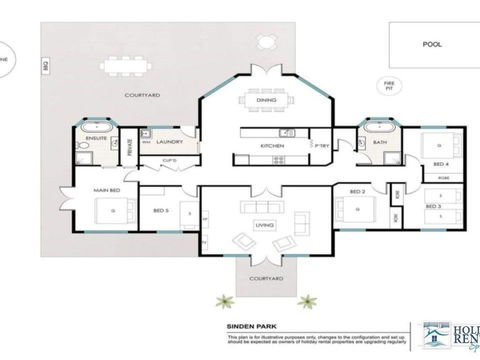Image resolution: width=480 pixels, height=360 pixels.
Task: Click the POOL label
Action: [x=432, y=44]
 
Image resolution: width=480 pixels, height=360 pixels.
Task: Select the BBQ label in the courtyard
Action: [x=44, y=66]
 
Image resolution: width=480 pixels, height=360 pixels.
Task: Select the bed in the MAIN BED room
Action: [x=102, y=211]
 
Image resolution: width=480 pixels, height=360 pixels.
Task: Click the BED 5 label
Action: [x=159, y=211]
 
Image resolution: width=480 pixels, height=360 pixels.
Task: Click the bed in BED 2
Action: [x=351, y=211]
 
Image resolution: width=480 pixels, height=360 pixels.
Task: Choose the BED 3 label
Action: [x=433, y=205]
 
